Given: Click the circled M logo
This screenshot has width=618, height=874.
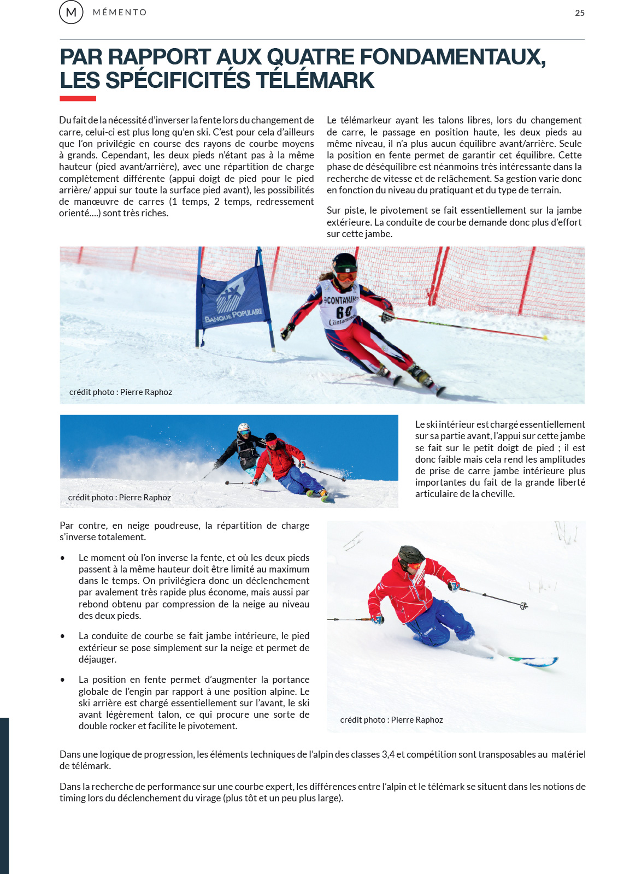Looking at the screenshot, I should [x=71, y=12].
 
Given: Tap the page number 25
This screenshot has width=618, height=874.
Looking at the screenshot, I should [x=580, y=13].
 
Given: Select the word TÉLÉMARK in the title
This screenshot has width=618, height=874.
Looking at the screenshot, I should [x=315, y=81].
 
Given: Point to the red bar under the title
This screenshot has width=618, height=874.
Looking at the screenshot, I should [x=78, y=99].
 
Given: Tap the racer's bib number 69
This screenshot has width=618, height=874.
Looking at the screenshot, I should [x=344, y=312].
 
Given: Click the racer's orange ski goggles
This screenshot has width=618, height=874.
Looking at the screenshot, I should [x=346, y=276].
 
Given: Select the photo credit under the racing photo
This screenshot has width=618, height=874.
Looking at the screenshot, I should [x=121, y=392].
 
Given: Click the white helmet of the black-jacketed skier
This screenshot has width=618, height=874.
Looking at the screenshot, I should [x=244, y=427].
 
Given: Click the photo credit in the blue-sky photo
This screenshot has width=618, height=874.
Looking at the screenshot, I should [x=120, y=498].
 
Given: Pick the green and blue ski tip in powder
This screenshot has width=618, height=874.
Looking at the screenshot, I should [x=538, y=662].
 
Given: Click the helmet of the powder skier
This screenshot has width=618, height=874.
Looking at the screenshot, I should [x=410, y=554].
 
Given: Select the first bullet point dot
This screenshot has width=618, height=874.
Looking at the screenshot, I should [x=63, y=558].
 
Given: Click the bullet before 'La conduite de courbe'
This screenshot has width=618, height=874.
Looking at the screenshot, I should [x=63, y=636].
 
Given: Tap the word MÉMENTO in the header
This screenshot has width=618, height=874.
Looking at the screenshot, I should [x=120, y=13].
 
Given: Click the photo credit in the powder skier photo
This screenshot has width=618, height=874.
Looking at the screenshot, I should [x=391, y=720].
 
